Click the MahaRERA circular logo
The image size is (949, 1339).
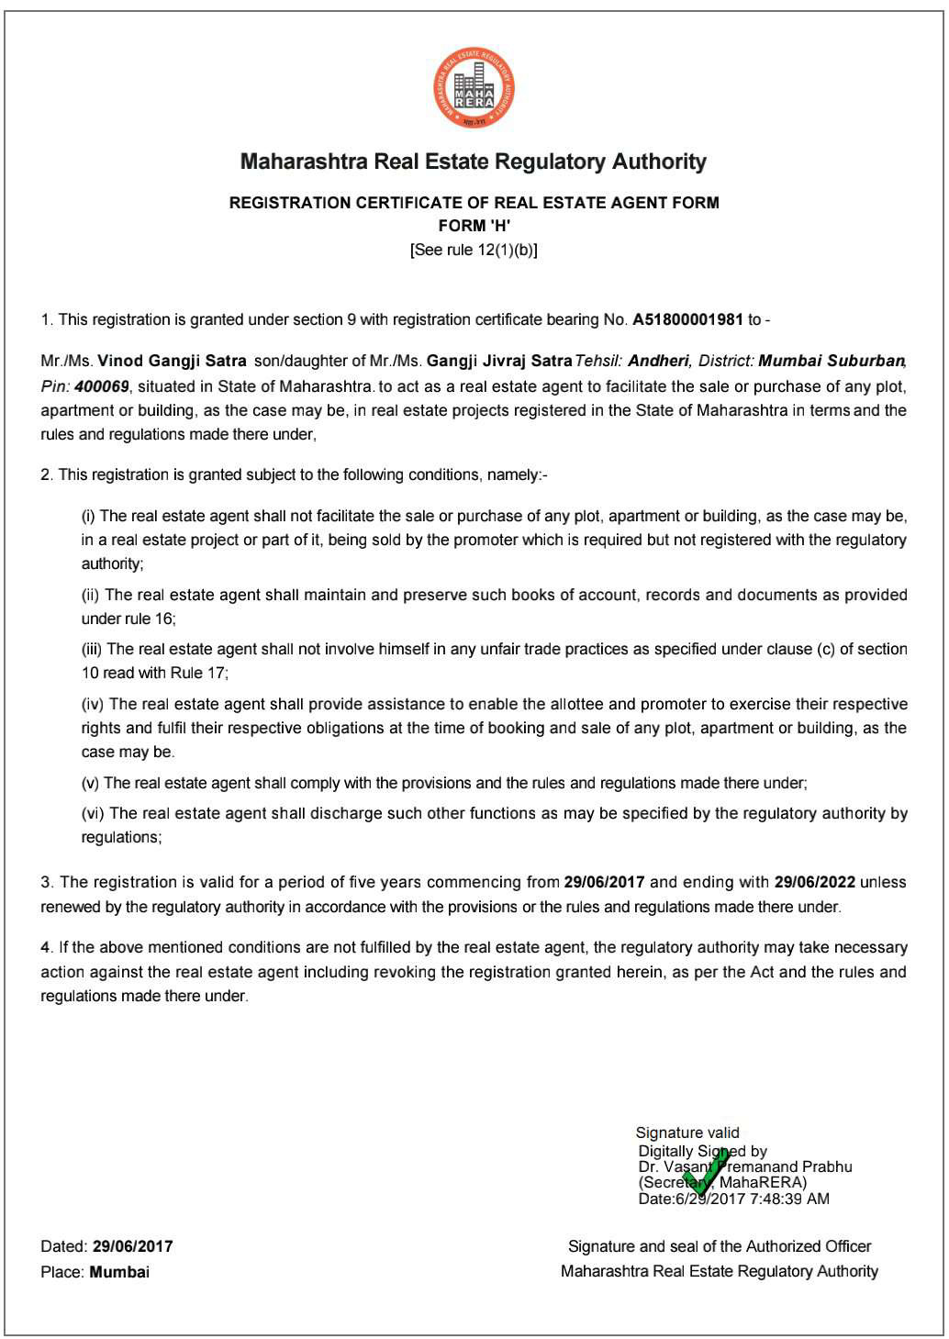(474, 88)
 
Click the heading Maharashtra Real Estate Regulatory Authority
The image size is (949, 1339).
(474, 162)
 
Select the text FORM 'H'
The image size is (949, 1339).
(474, 226)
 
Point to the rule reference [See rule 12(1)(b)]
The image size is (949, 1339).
(474, 250)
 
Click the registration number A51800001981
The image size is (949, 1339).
(687, 320)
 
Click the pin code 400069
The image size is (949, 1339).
(102, 385)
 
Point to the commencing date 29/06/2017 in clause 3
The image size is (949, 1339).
(604, 883)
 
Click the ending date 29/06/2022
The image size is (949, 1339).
(814, 883)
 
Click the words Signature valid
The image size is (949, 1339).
(687, 1133)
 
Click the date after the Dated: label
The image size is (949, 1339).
(132, 1246)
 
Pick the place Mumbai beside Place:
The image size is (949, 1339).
(119, 1272)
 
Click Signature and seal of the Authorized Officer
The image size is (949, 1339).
(720, 1246)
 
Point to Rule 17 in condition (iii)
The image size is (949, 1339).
(198, 673)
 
